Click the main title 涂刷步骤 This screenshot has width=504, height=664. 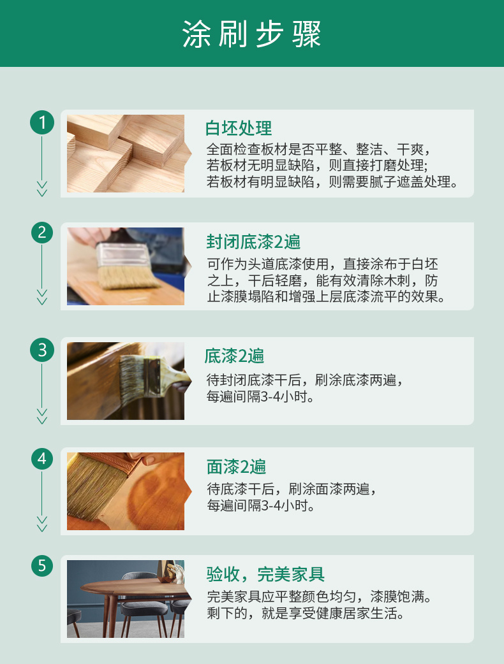coord(252,34)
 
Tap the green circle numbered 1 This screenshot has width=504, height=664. coord(42,122)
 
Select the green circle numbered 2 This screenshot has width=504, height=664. coord(42,233)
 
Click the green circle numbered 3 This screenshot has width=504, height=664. coord(42,350)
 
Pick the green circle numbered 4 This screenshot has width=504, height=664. coord(42,459)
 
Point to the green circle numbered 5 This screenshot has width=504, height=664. coord(42,566)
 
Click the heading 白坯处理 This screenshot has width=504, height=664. coord(239,128)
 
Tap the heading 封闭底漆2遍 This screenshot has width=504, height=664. coord(253,242)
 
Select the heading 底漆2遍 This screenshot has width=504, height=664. coord(234,356)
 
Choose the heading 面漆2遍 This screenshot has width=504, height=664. coord(237,466)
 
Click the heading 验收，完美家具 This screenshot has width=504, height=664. coord(266,574)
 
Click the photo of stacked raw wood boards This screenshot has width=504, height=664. coord(126,154)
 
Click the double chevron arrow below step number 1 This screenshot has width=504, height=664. coord(42,189)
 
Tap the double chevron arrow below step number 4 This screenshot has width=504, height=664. coord(42,524)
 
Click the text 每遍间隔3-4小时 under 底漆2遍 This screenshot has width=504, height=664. coord(260,397)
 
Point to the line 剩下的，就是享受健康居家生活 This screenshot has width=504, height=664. coord(305,613)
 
